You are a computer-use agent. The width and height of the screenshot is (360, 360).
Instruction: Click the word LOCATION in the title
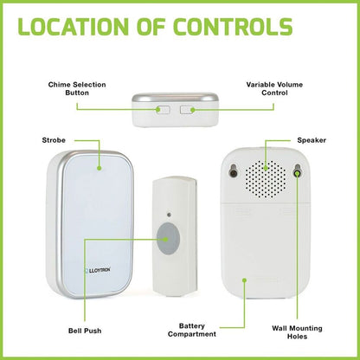click(73, 27)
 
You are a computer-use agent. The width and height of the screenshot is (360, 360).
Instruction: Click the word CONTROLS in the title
click(233, 27)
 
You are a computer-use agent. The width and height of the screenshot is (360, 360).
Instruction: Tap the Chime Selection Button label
click(77, 88)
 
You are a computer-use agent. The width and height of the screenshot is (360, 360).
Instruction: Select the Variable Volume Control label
click(274, 88)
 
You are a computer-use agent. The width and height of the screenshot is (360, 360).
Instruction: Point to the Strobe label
click(54, 140)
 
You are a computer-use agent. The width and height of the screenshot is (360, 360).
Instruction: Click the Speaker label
click(312, 140)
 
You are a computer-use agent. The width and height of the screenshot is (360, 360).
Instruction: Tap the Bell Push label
click(85, 331)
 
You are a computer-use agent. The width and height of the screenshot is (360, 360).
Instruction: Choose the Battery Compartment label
click(192, 330)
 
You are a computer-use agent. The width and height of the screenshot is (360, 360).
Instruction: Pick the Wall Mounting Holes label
click(297, 332)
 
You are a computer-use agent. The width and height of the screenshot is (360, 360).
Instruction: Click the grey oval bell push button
click(168, 239)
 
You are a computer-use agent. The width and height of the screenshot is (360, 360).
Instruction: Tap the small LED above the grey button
click(169, 215)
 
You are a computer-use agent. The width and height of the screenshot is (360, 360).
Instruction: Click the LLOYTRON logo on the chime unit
click(97, 270)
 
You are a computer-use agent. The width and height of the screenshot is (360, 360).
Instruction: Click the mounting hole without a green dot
click(234, 172)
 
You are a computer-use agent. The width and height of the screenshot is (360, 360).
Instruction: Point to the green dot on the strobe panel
click(100, 168)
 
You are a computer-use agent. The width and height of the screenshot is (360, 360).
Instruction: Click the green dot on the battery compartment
click(244, 280)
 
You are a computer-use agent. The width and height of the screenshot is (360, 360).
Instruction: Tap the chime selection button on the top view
click(163, 110)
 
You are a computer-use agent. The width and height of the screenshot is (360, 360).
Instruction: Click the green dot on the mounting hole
click(297, 173)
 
